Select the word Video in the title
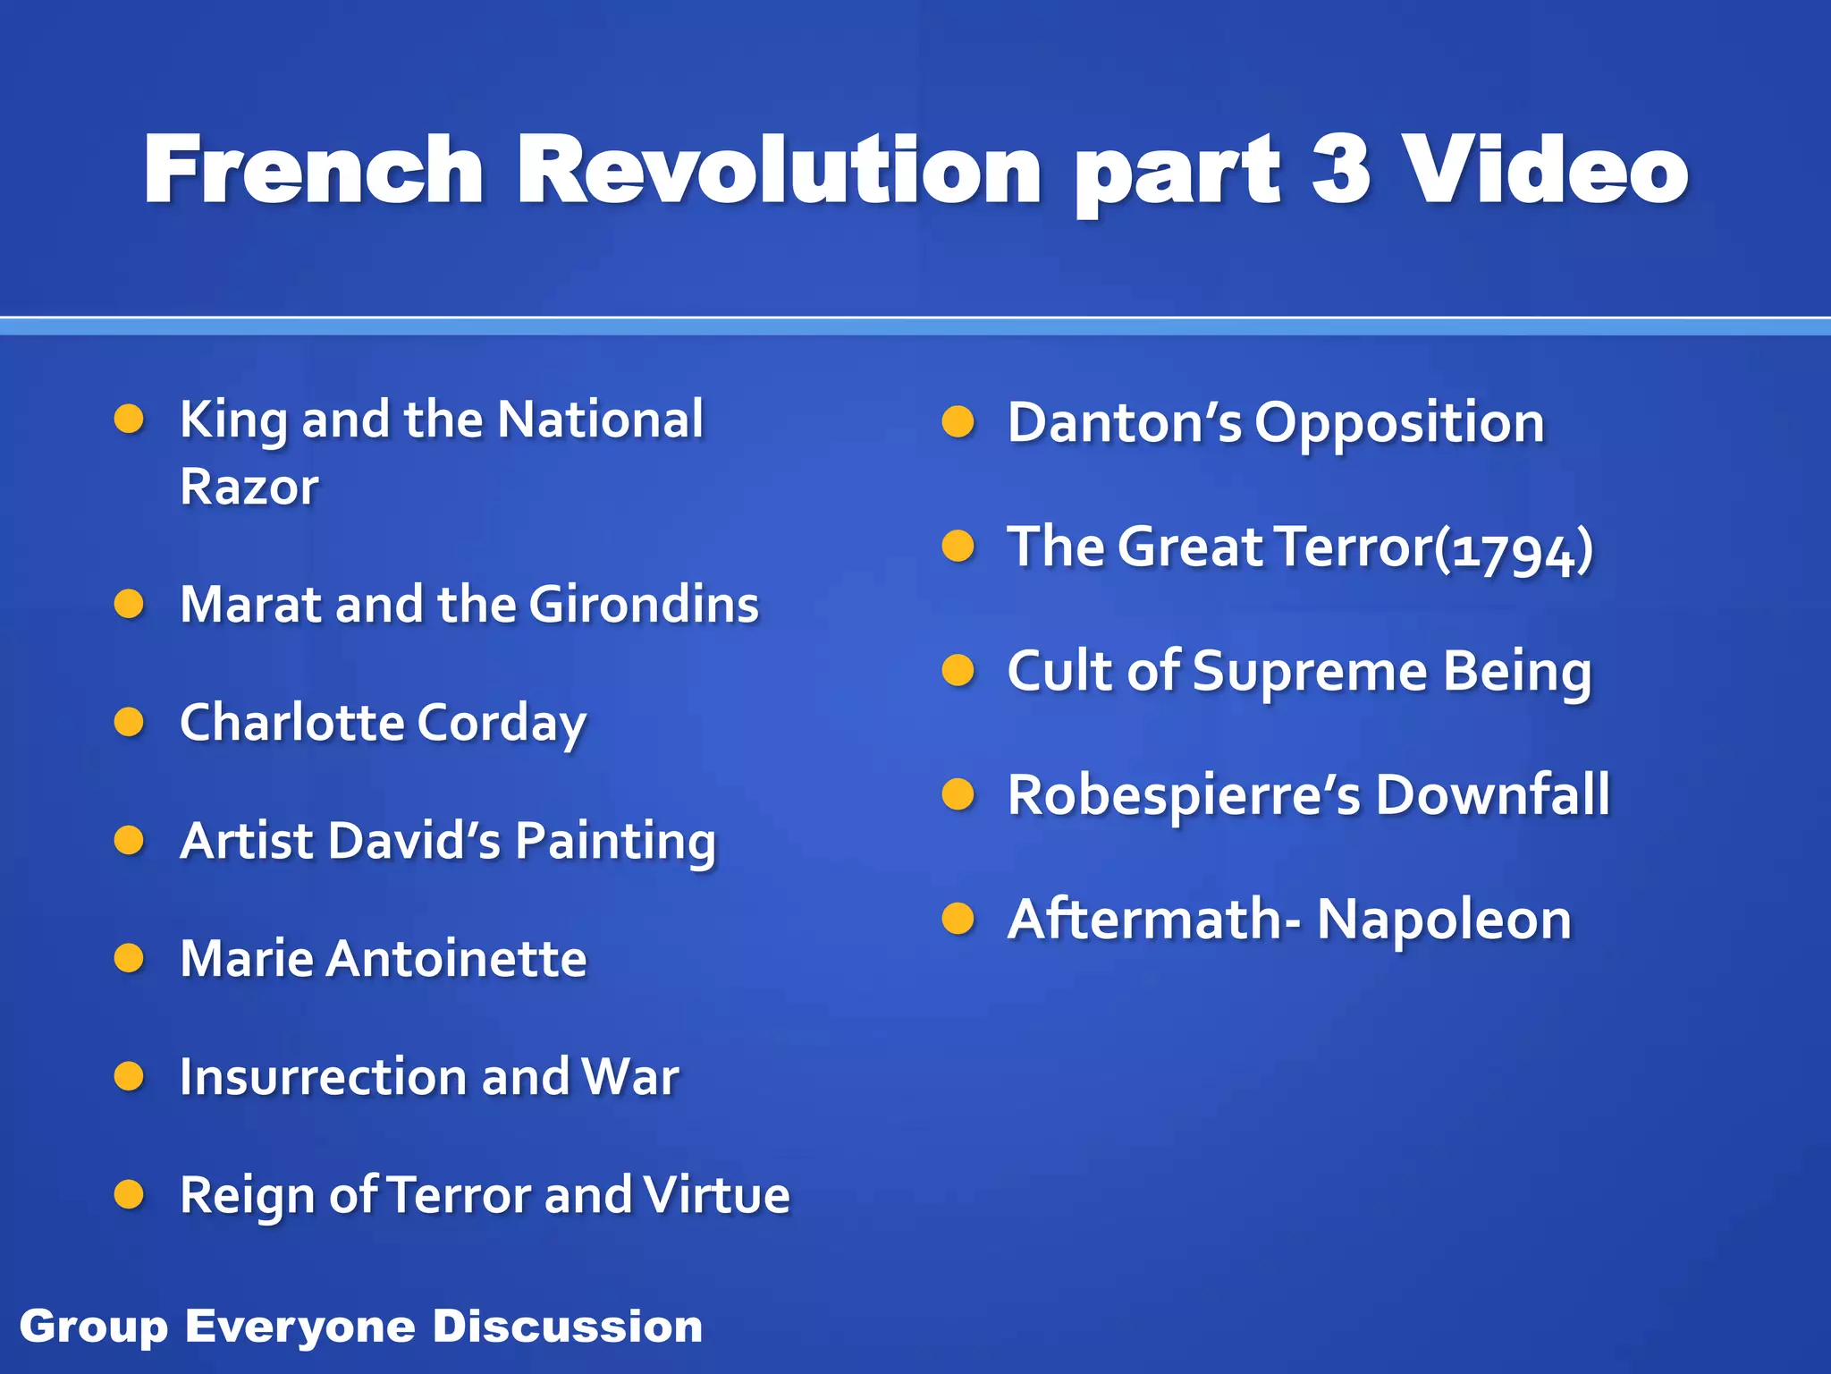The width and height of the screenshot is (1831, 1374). click(x=1546, y=170)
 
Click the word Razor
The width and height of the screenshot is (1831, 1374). click(x=249, y=488)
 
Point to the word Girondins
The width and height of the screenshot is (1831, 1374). click(x=644, y=605)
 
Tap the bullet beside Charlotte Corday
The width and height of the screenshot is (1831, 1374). click(x=130, y=722)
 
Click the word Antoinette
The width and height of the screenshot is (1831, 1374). click(x=456, y=959)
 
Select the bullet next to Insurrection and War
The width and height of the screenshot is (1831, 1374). click(x=130, y=1076)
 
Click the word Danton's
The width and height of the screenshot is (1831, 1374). click(x=1124, y=422)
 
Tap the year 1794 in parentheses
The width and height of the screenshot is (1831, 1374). click(x=1513, y=549)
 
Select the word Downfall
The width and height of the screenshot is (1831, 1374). click(x=1492, y=794)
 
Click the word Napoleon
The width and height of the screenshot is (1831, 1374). click(x=1444, y=920)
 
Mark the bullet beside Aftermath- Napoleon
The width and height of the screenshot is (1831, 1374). click(x=958, y=919)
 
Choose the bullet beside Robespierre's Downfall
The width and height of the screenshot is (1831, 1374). click(x=958, y=794)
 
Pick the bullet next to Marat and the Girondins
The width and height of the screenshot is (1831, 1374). click(x=130, y=604)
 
